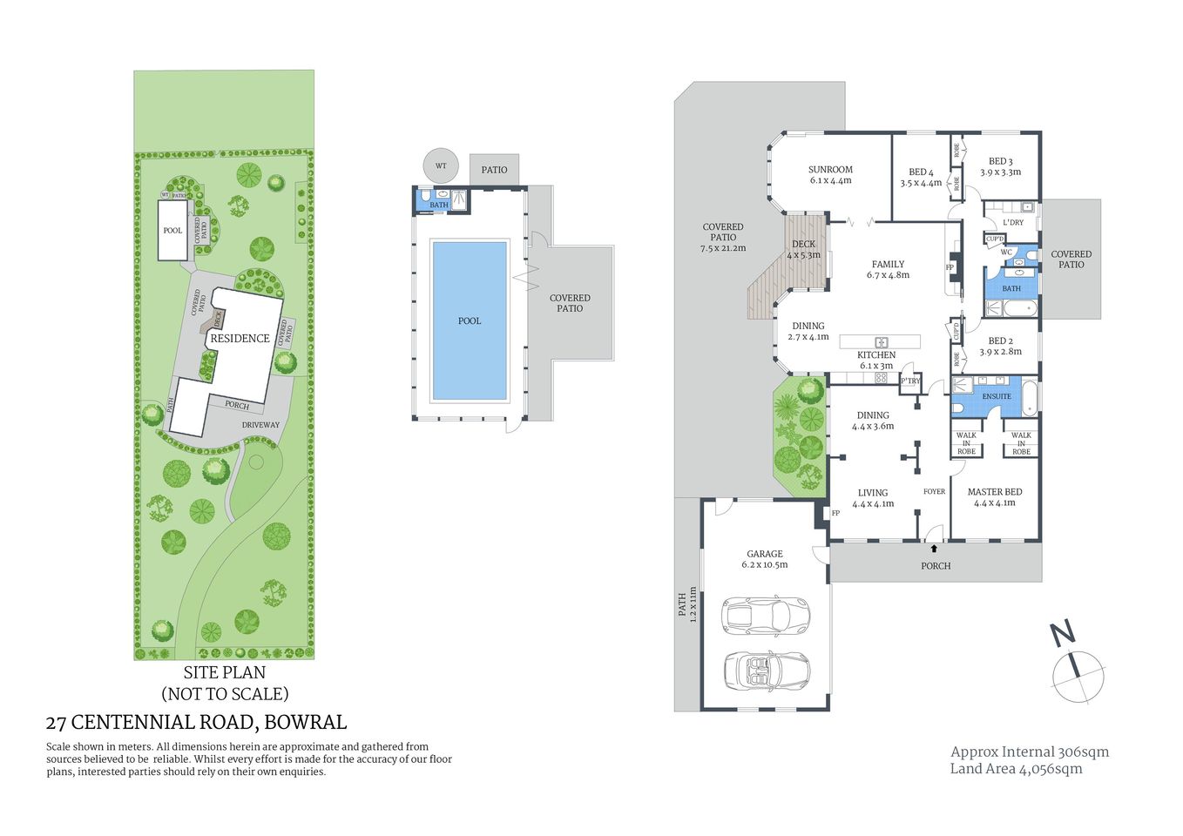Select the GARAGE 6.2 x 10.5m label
click(x=764, y=559)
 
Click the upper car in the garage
click(x=766, y=615)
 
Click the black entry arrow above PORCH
click(x=935, y=549)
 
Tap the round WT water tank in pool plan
click(x=441, y=165)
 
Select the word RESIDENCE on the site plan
click(x=240, y=339)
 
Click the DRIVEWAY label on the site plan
click(x=260, y=425)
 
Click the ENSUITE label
click(x=997, y=396)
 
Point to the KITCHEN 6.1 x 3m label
click(x=875, y=361)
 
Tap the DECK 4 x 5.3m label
click(x=803, y=250)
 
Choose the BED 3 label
click(x=1000, y=166)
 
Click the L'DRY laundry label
click(x=1012, y=223)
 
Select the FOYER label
click(x=934, y=492)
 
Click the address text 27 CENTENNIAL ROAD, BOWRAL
click(x=196, y=722)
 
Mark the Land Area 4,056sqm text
click(x=1016, y=769)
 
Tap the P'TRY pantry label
click(x=910, y=381)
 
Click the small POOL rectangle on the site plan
click(x=172, y=231)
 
